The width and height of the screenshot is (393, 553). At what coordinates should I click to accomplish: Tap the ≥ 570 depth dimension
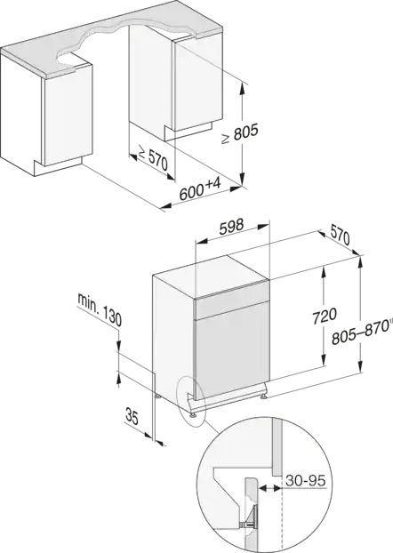[x=154, y=158]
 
